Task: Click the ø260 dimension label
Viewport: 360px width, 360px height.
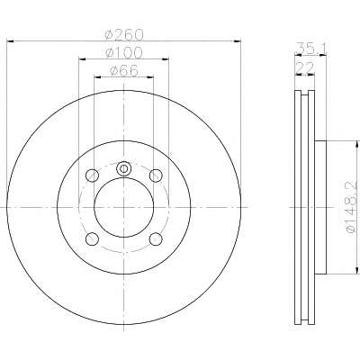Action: [x=124, y=35]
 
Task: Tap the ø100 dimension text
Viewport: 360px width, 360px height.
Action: [x=124, y=53]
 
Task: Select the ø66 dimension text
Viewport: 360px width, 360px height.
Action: [x=124, y=71]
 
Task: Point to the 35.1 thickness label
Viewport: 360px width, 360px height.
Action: [x=310, y=49]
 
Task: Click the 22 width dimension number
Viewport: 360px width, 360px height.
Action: [x=305, y=68]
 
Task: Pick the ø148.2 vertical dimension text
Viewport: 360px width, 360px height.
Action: [x=352, y=207]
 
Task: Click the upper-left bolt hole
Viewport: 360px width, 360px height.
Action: [x=92, y=175]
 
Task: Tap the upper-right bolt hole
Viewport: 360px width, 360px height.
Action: [x=156, y=175]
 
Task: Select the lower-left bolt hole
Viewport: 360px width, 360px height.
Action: [x=92, y=238]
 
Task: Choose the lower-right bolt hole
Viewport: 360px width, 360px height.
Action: [x=156, y=238]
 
